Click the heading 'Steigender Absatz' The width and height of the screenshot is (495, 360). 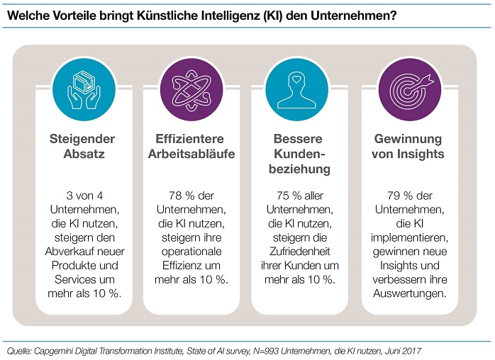[x=82, y=146]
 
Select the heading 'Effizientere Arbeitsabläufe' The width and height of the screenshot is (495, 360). [x=191, y=146]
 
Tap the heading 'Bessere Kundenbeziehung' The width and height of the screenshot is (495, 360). [x=299, y=154]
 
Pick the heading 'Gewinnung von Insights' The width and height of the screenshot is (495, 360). [x=408, y=146]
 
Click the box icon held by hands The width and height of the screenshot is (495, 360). [x=84, y=82]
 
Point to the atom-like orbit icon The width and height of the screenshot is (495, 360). [x=191, y=90]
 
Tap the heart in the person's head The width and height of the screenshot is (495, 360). [x=296, y=79]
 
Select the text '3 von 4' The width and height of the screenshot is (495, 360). [x=84, y=196]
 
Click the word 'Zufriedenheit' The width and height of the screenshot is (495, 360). [x=299, y=251]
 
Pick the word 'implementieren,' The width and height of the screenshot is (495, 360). [x=409, y=237]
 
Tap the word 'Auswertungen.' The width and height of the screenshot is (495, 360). [x=410, y=293]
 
